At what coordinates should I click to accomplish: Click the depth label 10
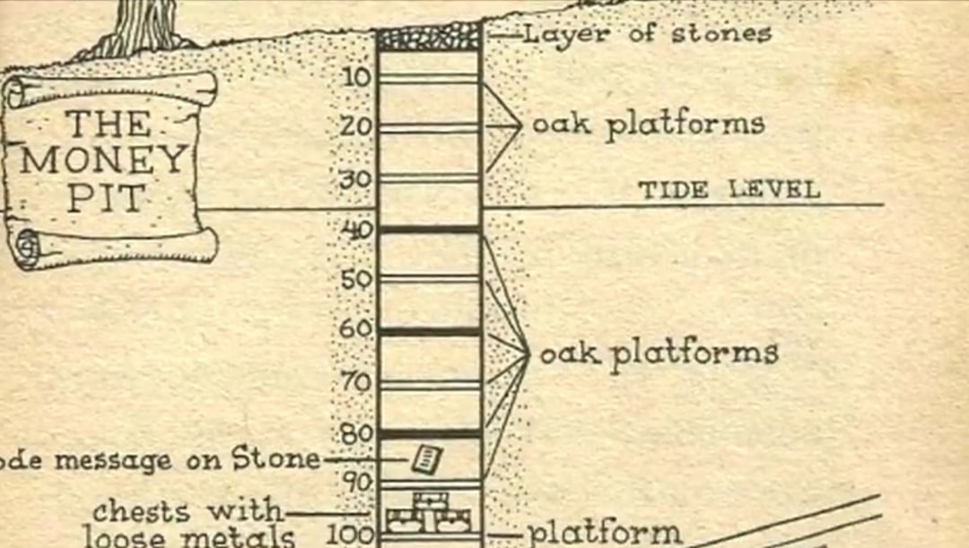[x=356, y=77]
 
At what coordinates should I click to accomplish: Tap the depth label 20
[x=356, y=126]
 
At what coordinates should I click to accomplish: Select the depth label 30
[x=355, y=178]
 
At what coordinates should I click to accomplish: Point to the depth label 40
[x=356, y=229]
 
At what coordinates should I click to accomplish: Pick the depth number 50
[x=356, y=279]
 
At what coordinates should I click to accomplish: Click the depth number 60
[x=355, y=329]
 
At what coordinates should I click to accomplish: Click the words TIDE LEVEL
[x=729, y=190]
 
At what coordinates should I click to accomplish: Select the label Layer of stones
[x=646, y=35]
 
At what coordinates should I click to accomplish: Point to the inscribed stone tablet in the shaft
[x=426, y=459]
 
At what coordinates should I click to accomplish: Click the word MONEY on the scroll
[x=102, y=161]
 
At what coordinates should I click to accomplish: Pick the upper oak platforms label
[x=648, y=125]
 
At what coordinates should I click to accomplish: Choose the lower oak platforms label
[x=658, y=353]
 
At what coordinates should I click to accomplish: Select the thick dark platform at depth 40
[x=429, y=230]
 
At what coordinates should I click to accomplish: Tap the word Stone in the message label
[x=275, y=459]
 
